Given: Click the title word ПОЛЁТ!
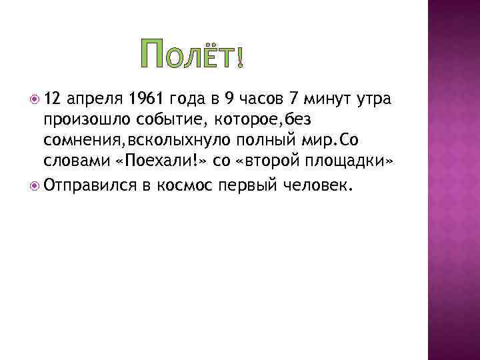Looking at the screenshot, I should click(x=193, y=55).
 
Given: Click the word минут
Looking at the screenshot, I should click(x=325, y=101).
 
